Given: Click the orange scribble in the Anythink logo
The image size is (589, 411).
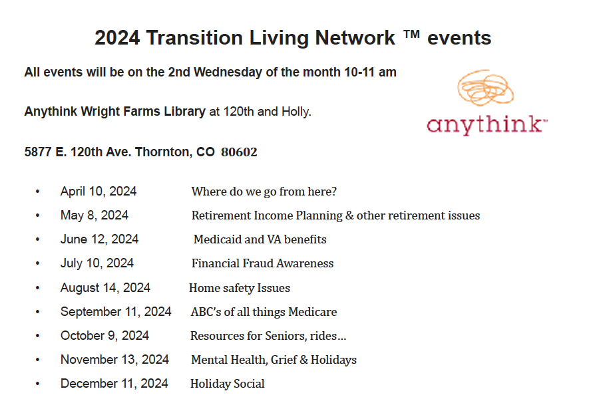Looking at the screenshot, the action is point(485,88).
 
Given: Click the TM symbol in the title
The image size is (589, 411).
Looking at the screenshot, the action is point(411,35).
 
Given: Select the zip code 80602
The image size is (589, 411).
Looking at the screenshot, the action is point(239,152).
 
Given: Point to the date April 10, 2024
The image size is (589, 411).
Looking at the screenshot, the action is point(98,192).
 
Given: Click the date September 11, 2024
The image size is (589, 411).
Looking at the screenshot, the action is point(116,311).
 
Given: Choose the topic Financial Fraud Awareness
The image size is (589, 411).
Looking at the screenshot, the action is point(262,263).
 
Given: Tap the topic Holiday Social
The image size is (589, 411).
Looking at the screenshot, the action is point(227,384).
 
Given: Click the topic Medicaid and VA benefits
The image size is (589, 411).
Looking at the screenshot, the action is point(260,239).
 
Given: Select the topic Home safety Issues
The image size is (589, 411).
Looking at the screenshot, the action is point(240,288).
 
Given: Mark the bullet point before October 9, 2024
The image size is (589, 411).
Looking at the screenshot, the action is point(37,336).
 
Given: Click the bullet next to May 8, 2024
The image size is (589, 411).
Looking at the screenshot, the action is point(37,215).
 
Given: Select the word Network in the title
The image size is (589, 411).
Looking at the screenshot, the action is point(355,37).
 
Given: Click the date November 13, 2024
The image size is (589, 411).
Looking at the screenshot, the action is point(114,360).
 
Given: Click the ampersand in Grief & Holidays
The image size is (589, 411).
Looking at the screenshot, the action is point(304,360).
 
